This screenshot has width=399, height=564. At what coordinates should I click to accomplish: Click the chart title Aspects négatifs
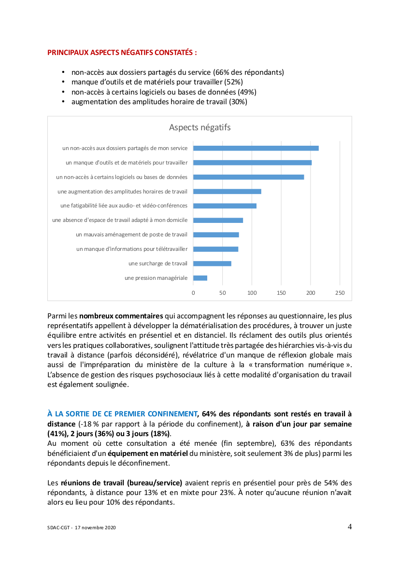point(199,127)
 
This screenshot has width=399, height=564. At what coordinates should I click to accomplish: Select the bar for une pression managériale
point(200,278)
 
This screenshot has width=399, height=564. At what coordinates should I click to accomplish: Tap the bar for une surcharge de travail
point(213,263)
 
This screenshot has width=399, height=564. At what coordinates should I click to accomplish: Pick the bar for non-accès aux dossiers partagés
point(256,148)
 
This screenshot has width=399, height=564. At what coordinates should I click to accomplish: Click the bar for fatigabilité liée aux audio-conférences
point(225,206)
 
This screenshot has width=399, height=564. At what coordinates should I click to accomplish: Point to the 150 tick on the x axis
point(281,292)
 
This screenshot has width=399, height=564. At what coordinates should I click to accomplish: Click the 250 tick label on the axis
point(340,292)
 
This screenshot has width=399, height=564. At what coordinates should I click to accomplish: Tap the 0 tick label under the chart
point(193,292)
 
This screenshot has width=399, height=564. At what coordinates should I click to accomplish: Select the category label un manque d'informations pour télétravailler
point(132,249)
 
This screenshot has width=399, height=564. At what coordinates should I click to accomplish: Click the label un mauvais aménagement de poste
point(131,234)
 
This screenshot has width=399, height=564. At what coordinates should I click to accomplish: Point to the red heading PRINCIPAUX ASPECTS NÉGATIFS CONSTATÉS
point(122,52)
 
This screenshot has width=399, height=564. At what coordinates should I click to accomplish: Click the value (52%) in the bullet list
point(234,82)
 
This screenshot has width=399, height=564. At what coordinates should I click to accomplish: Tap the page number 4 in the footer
point(350,526)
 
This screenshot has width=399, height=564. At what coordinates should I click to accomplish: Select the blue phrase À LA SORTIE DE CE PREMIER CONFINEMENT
point(123,413)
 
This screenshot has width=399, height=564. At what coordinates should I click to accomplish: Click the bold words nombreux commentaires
point(121,316)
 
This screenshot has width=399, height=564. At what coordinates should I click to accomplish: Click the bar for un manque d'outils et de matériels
point(253,163)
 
